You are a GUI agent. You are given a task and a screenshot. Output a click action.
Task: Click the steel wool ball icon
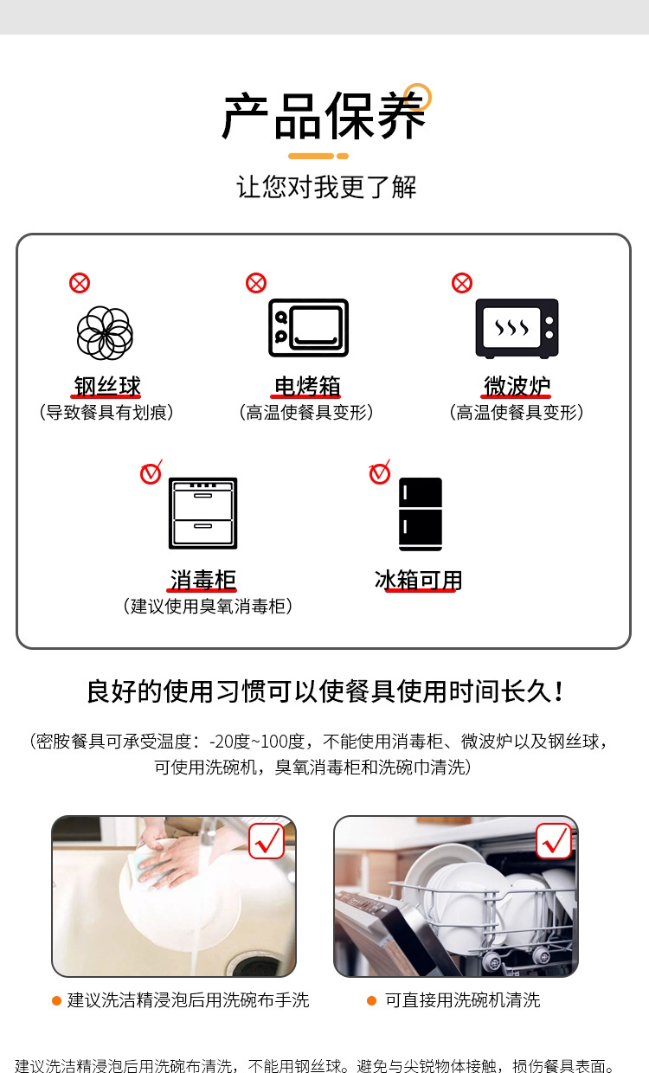tap(105, 333)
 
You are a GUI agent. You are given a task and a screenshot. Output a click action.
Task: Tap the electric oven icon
tap(308, 328)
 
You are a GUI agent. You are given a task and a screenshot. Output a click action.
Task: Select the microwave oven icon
tap(517, 329)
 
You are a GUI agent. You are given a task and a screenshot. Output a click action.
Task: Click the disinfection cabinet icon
tap(203, 513)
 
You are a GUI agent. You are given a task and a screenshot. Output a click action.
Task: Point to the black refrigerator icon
tap(421, 513)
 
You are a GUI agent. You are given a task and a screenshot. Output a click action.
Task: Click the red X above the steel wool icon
tap(80, 283)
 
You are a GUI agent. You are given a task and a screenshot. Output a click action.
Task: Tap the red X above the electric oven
tap(256, 283)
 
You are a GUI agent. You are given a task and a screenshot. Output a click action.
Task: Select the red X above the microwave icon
tap(462, 283)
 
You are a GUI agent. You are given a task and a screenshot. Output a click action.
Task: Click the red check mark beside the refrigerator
tap(380, 472)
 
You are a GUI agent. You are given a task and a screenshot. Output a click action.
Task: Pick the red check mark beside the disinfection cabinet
tap(151, 472)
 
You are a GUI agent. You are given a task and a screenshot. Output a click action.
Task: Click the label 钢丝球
tap(107, 386)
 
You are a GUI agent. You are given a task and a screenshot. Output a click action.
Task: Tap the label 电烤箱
tap(307, 386)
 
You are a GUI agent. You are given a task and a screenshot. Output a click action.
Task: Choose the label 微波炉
tap(517, 386)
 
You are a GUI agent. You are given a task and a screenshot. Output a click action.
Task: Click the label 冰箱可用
tap(418, 580)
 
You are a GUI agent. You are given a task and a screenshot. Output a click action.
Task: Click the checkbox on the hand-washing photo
tap(267, 841)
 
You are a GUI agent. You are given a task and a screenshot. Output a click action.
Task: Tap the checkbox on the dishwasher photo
tap(554, 841)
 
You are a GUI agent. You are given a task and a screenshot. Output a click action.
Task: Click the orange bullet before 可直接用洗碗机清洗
tap(371, 1000)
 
